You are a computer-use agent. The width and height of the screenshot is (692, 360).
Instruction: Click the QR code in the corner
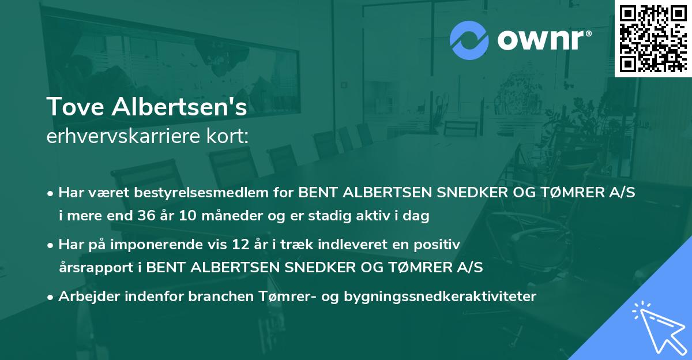(653, 39)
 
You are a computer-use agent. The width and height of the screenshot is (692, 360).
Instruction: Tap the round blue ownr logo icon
(470, 40)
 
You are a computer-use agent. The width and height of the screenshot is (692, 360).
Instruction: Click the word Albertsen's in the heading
(176, 108)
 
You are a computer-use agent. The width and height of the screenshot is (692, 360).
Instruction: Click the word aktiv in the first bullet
(376, 216)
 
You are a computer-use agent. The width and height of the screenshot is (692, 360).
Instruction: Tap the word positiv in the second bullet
(440, 245)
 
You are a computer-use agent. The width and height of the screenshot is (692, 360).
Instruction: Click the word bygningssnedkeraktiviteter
(440, 297)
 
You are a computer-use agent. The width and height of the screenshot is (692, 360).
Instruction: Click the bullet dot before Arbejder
(51, 297)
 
